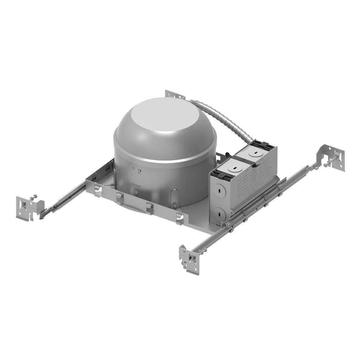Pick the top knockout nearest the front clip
(233, 168)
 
